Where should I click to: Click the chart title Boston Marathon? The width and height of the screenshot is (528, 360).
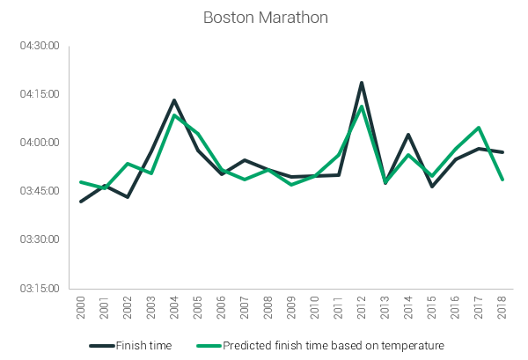tap(263, 18)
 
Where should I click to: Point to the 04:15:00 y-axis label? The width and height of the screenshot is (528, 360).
tap(40, 93)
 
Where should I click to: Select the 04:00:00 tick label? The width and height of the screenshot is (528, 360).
tap(40, 142)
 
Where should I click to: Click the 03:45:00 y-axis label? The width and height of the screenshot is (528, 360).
tap(40, 190)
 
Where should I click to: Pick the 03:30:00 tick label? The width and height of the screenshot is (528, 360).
tap(40, 239)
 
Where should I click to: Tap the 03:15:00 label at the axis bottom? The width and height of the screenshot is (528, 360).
tap(40, 288)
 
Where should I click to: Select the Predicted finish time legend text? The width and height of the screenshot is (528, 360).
tap(333, 345)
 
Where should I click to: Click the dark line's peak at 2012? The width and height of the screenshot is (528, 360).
tap(362, 83)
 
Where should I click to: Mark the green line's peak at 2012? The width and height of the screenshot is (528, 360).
tap(362, 107)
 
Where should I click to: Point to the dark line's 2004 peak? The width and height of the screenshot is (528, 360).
tap(174, 100)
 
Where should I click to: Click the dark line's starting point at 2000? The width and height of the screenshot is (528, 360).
tap(81, 202)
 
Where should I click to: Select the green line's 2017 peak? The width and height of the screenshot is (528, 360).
tap(479, 128)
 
